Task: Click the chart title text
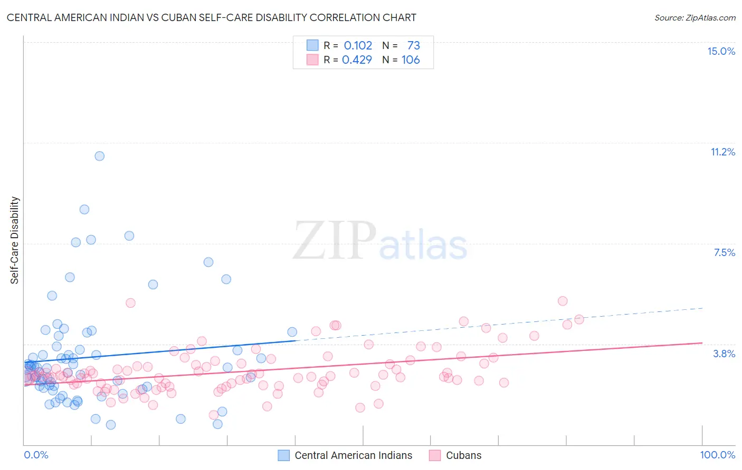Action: (211, 17)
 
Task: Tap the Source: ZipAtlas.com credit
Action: (695, 17)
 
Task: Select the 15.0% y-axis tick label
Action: (721, 51)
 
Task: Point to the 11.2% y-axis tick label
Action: (722, 152)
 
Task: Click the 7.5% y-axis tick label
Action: (724, 252)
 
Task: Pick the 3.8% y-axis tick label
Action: (724, 354)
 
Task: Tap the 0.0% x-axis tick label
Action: (36, 455)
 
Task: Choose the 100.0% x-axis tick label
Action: (717, 455)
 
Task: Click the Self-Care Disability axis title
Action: (15, 240)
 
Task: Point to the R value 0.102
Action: (358, 45)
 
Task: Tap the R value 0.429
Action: (357, 60)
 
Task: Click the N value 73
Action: (413, 45)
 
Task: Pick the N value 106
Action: (411, 60)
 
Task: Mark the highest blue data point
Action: (99, 156)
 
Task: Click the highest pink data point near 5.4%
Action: (563, 301)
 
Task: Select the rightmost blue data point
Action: (292, 332)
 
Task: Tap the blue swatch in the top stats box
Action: (312, 45)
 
